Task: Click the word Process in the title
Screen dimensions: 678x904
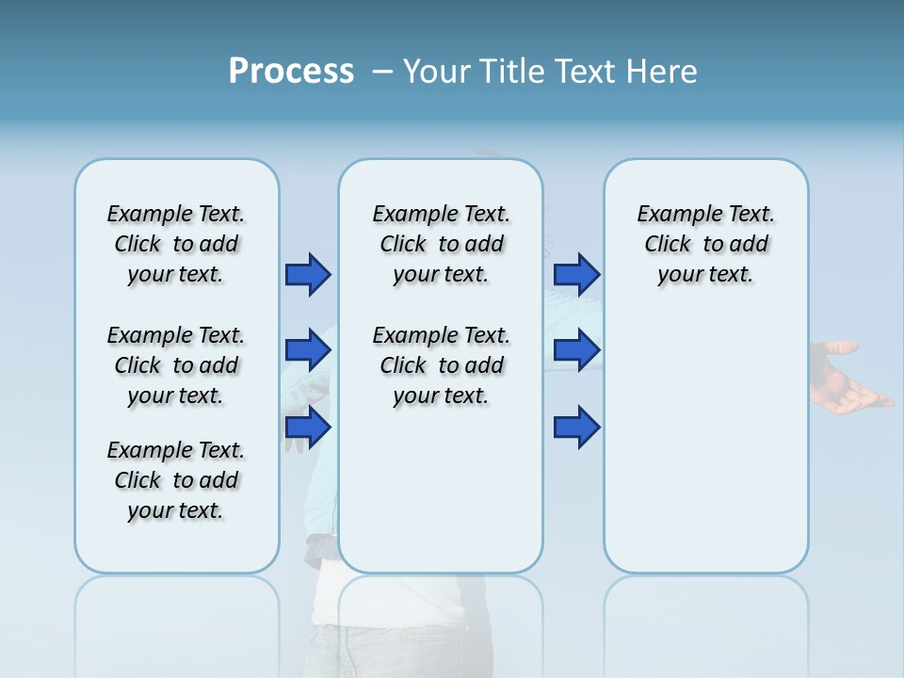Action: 291,72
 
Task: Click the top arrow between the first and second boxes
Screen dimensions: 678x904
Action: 308,274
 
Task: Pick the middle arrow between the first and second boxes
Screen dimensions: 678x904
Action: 308,350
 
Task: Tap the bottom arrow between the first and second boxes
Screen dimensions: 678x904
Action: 308,428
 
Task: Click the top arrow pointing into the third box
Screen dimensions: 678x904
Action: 576,274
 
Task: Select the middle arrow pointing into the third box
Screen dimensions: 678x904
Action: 576,350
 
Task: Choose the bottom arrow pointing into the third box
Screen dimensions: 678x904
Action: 576,428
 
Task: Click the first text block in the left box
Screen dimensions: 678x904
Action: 176,244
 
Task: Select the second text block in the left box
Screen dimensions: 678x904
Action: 176,365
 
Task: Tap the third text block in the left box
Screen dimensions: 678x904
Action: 176,480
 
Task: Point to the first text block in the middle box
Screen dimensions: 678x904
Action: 441,244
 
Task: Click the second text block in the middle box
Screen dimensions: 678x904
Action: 441,365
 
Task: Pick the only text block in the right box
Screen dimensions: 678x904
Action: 705,244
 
